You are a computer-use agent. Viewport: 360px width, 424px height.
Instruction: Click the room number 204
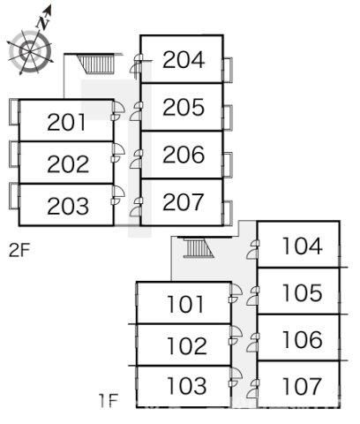[x=184, y=60]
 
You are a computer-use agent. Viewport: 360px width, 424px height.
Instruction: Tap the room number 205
[x=184, y=107]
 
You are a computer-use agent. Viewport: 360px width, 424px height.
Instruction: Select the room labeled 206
[x=184, y=155]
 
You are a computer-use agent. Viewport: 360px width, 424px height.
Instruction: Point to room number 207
[x=183, y=202]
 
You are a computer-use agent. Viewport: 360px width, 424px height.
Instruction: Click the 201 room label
[x=66, y=122]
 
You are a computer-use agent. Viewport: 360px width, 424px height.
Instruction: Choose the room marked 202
[x=68, y=163]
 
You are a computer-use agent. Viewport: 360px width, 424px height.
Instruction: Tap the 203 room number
[x=68, y=206]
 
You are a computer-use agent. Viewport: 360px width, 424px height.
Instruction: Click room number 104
[x=302, y=246]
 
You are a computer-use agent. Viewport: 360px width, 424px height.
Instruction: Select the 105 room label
[x=302, y=292]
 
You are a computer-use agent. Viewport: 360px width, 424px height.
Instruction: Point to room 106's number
[x=302, y=339]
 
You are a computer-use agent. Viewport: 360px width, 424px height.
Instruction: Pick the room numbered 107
[x=302, y=386]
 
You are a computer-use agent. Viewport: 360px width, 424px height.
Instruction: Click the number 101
[x=185, y=304]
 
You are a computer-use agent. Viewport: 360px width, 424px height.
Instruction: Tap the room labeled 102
[x=187, y=345]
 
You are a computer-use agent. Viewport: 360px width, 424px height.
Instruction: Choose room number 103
[x=187, y=386]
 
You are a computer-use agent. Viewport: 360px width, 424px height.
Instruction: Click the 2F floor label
[x=19, y=251]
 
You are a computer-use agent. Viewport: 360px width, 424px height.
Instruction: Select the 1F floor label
[x=109, y=401]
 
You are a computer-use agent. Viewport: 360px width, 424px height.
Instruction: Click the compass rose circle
[x=30, y=51]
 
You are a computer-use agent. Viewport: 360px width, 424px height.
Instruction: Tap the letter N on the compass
[x=44, y=23]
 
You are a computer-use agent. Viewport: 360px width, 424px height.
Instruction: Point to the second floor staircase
[x=96, y=64]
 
